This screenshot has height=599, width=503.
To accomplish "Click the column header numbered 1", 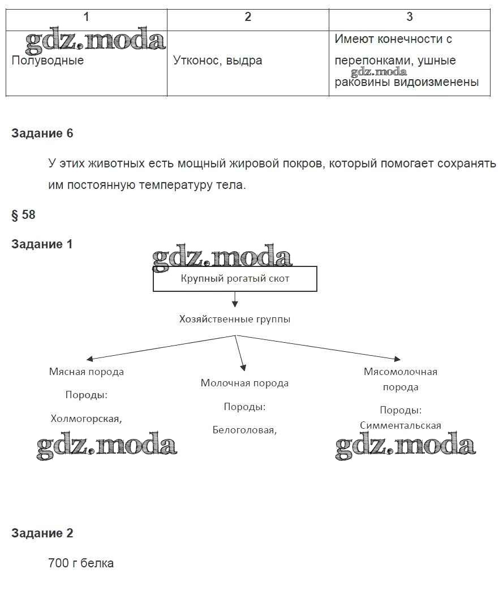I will [x=86, y=17].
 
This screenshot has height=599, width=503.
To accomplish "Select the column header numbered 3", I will [x=410, y=17].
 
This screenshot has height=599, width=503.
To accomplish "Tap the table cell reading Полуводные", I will [x=48, y=61].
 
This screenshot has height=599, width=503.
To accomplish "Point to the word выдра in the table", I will [x=244, y=61].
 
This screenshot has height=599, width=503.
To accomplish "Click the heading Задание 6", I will [x=42, y=133].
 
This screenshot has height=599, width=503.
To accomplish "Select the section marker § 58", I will [x=23, y=215].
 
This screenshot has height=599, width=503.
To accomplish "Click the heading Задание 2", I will [x=42, y=533].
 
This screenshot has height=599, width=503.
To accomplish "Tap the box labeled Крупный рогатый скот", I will [x=235, y=279].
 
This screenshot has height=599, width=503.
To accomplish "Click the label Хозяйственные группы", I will [x=235, y=320].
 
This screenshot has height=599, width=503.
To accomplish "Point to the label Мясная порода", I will [x=86, y=372].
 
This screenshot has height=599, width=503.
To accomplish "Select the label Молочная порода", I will [x=244, y=383].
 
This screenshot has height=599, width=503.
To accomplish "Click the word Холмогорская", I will [x=86, y=419].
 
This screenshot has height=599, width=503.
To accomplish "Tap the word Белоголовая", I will [x=244, y=430].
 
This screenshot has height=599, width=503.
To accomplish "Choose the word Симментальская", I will [x=401, y=426].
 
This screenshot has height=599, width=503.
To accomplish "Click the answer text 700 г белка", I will [x=81, y=563].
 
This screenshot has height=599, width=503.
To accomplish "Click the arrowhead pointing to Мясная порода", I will [x=89, y=359].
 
